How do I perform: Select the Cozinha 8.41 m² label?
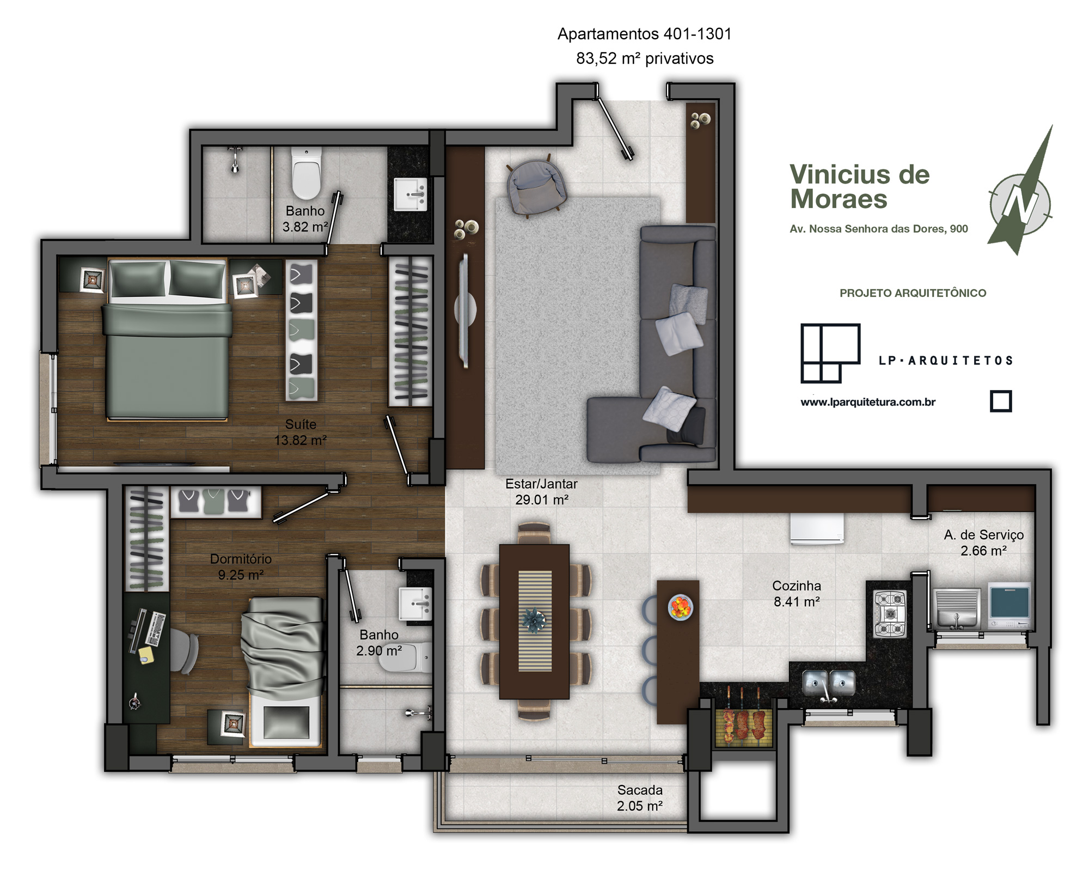click(x=797, y=594)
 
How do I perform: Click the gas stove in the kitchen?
click(x=890, y=614)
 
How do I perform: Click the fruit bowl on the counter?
click(x=681, y=607)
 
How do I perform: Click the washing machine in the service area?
click(x=1010, y=606)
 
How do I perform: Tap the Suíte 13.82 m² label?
click(x=301, y=432)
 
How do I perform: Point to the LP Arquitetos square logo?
click(x=830, y=353)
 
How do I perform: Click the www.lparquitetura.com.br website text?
click(x=868, y=403)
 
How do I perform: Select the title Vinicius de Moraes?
click(x=860, y=187)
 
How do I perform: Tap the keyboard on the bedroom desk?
click(x=156, y=629)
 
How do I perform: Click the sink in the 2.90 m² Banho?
click(x=416, y=604)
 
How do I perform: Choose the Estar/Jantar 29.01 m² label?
click(x=541, y=491)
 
